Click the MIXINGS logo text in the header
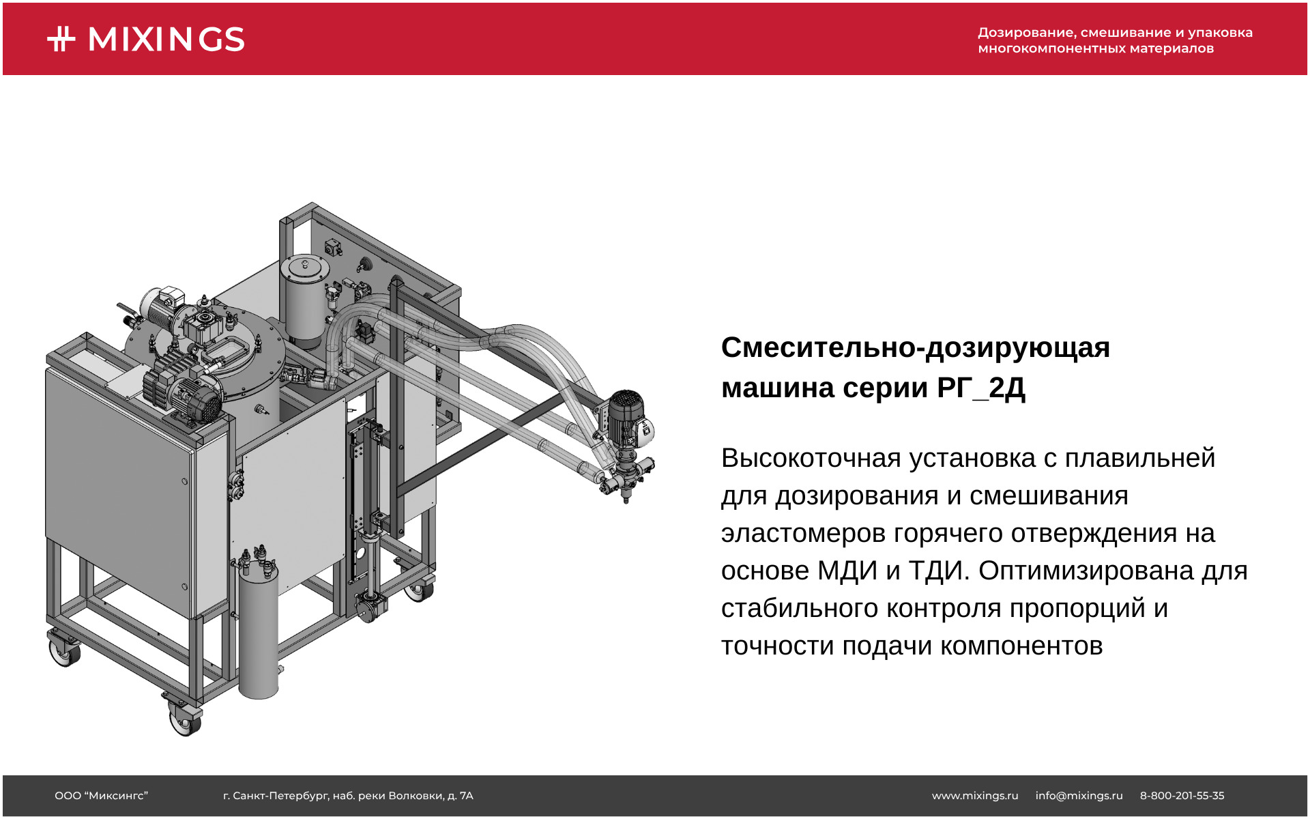(x=166, y=40)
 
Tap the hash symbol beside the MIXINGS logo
(x=61, y=39)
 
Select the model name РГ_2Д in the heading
(x=981, y=388)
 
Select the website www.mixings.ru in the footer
(x=975, y=796)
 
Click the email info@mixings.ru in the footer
(x=1079, y=796)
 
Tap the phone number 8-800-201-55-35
(x=1182, y=796)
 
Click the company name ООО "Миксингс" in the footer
(x=102, y=796)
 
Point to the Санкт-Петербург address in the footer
(x=348, y=796)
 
